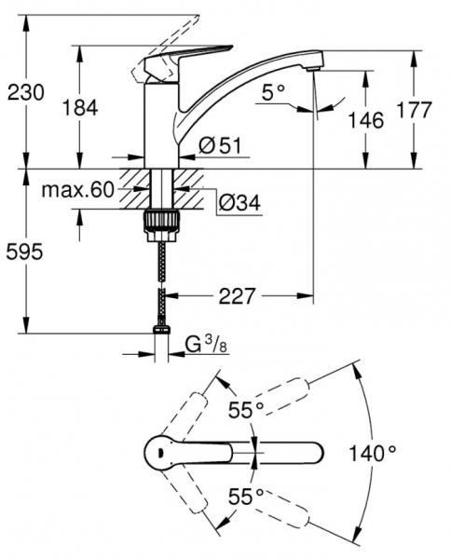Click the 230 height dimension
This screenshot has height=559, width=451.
(x=25, y=91)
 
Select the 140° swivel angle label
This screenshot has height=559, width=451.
(x=373, y=454)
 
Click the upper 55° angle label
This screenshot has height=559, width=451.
(x=247, y=409)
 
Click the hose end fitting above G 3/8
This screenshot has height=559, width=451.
(x=162, y=328)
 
